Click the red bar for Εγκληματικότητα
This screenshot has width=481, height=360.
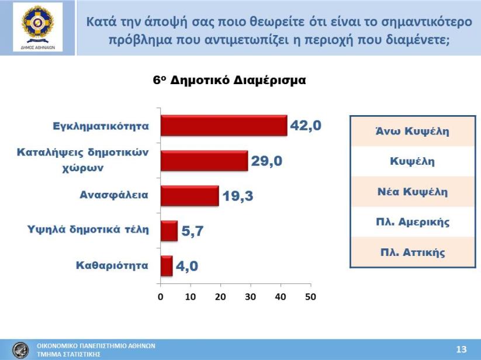(224, 126)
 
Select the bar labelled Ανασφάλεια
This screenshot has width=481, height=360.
(189, 196)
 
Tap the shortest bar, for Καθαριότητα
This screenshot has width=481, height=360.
(167, 266)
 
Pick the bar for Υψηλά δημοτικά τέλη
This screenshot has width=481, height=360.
(169, 231)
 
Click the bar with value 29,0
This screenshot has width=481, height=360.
(205, 161)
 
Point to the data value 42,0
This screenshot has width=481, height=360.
(306, 126)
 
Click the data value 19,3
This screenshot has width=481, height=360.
(238, 196)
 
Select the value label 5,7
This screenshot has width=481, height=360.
(192, 231)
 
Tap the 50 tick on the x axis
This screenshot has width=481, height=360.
(310, 297)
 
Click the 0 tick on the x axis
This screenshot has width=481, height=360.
(161, 297)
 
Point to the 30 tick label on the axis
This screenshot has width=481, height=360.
(251, 297)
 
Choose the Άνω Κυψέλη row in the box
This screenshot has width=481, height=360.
(413, 131)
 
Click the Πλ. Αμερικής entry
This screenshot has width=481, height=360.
(413, 221)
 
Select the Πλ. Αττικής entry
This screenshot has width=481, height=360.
(413, 252)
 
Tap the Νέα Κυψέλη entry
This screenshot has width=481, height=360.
(413, 192)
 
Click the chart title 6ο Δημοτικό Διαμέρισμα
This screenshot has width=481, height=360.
(230, 80)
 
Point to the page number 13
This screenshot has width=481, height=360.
(461, 349)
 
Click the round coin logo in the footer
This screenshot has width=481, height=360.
(20, 350)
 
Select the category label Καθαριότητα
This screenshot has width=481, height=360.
(112, 265)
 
